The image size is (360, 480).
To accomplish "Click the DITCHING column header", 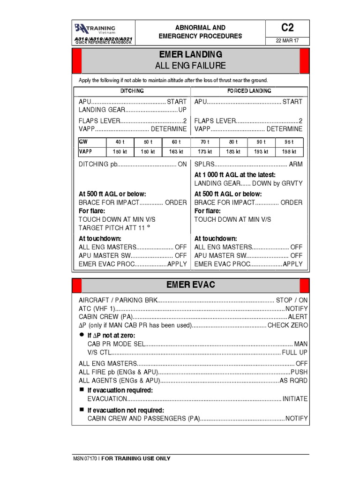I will click(132, 91).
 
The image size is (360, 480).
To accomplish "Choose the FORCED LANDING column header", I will click(249, 91).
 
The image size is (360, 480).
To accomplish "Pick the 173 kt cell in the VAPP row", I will click(205, 151).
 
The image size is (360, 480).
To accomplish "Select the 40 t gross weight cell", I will click(120, 142).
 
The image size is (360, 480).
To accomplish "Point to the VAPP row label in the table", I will click(86, 151).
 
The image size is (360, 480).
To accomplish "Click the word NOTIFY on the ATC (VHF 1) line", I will click(296, 308).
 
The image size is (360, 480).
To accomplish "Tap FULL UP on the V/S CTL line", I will click(294, 352).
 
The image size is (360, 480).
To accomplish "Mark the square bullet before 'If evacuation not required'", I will click(81, 409).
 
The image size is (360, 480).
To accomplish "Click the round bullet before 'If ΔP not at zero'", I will click(81, 335).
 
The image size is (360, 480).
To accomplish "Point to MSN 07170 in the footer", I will click(84, 458).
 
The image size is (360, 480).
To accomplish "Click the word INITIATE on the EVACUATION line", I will click(295, 398).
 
